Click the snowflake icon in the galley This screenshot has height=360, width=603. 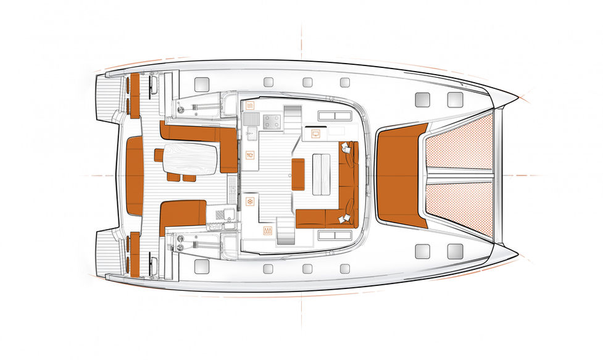pos(250,201)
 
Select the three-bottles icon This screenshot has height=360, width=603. pos(268,232)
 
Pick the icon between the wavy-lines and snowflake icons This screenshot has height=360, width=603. pos(250,156)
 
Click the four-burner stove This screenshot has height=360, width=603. pos(271,122)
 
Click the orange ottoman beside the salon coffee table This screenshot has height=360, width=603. pos(298,174)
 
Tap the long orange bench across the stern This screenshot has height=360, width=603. pos(135,176)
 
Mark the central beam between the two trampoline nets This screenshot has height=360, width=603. pos(459,175)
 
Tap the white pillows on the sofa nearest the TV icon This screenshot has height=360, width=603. pos(347,148)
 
